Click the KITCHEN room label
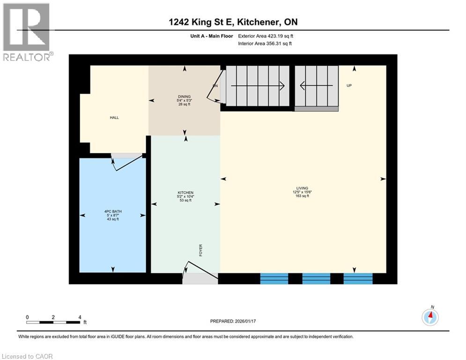pyautogui.click(x=185, y=193)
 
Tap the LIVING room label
pyautogui.click(x=302, y=188)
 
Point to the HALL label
pyautogui.click(x=114, y=118)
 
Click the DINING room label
pyautogui.click(x=184, y=97)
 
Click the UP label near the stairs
pyautogui.click(x=349, y=86)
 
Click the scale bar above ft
pyautogui.click(x=53, y=322)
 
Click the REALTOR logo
pyautogui.click(x=27, y=32)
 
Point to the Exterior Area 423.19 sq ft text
pyautogui.click(x=266, y=36)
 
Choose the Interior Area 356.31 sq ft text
pyautogui.click(x=266, y=44)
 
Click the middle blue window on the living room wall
pyautogui.click(x=316, y=279)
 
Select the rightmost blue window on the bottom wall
pyautogui.click(x=358, y=279)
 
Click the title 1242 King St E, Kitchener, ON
pyautogui.click(x=233, y=22)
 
